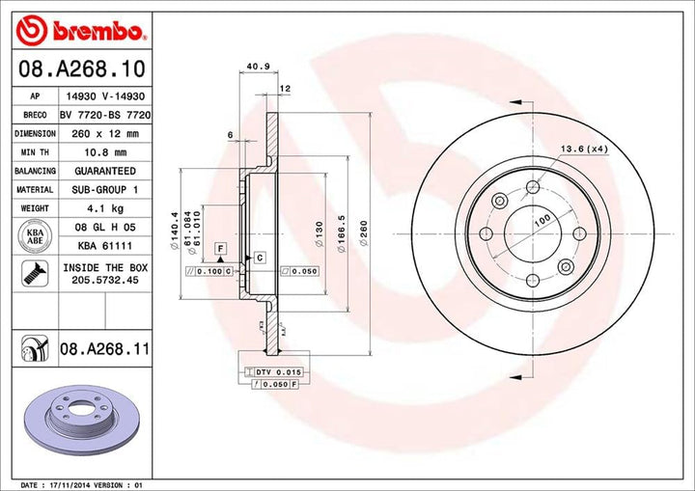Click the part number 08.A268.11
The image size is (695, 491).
[x=103, y=345]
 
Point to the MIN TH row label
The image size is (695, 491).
[x=34, y=152]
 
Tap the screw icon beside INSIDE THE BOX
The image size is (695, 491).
[x=34, y=273]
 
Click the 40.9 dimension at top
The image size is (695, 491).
[x=258, y=68]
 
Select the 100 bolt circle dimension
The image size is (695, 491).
[x=541, y=221]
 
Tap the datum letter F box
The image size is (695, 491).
[x=220, y=249]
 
